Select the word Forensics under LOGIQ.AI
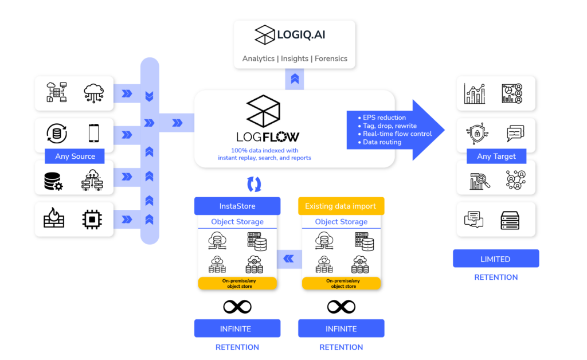click(x=331, y=58)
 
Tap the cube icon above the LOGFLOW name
click(x=263, y=111)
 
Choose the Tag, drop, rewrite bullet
click(x=390, y=126)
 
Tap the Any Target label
click(x=496, y=156)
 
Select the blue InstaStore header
click(x=237, y=206)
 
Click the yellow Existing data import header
click(x=341, y=206)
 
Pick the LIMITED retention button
click(x=496, y=259)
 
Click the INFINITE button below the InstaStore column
click(x=237, y=328)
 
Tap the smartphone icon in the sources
click(x=93, y=133)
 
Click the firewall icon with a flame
click(x=54, y=219)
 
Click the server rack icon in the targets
click(x=511, y=219)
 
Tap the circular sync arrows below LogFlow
click(x=254, y=183)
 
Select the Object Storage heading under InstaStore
click(x=237, y=222)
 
